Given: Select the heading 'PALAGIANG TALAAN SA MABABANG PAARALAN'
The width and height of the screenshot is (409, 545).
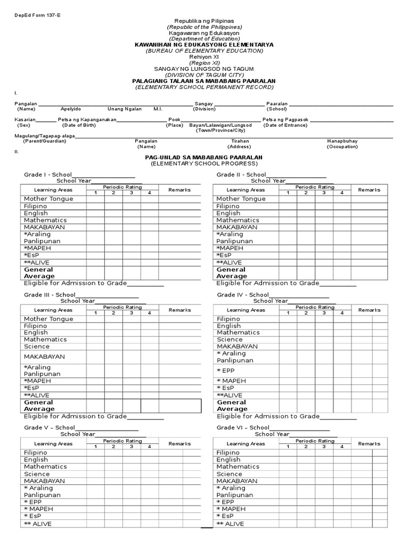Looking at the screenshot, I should pyautogui.click(x=204, y=80).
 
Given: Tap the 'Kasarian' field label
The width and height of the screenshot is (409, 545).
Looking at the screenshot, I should pyautogui.click(x=25, y=120).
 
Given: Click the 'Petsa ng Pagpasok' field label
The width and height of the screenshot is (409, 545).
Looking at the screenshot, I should pyautogui.click(x=285, y=120).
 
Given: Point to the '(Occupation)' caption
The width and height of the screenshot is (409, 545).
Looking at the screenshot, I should pyautogui.click(x=342, y=146).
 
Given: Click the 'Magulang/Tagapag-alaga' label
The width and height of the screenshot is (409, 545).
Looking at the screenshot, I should pyautogui.click(x=45, y=136).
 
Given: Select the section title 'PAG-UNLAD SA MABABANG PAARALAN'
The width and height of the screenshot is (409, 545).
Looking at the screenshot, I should pyautogui.click(x=204, y=158).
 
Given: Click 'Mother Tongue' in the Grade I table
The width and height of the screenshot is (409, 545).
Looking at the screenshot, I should pyautogui.click(x=48, y=199).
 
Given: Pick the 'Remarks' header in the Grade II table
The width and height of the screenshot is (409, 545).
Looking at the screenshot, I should pyautogui.click(x=369, y=189).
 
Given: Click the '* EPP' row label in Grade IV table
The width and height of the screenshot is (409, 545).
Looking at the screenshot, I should pyautogui.click(x=225, y=370).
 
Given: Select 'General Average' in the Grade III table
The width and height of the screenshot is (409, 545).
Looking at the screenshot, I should pyautogui.click(x=39, y=406).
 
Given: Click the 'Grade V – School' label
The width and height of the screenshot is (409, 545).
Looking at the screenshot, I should pyautogui.click(x=49, y=427).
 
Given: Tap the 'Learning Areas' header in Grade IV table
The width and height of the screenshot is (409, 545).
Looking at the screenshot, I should pyautogui.click(x=246, y=310).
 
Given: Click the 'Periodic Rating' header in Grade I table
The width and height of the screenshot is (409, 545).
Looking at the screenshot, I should pyautogui.click(x=122, y=187).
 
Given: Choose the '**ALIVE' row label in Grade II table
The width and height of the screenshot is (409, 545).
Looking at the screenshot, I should pyautogui.click(x=229, y=262).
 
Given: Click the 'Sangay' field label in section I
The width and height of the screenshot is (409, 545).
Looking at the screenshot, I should pyautogui.click(x=204, y=104).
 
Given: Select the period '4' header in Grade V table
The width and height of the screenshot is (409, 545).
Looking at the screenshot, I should pyautogui.click(x=150, y=447).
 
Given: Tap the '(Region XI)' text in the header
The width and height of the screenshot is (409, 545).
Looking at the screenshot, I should pyautogui.click(x=204, y=63).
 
